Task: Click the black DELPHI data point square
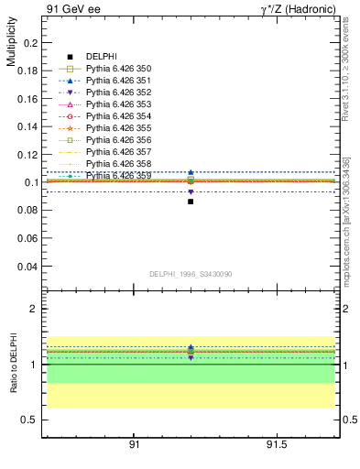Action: point(191,201)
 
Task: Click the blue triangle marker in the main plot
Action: point(191,172)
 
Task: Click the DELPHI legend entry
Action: point(101,58)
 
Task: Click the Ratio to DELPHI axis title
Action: point(11,363)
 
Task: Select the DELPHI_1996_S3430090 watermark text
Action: point(189,274)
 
